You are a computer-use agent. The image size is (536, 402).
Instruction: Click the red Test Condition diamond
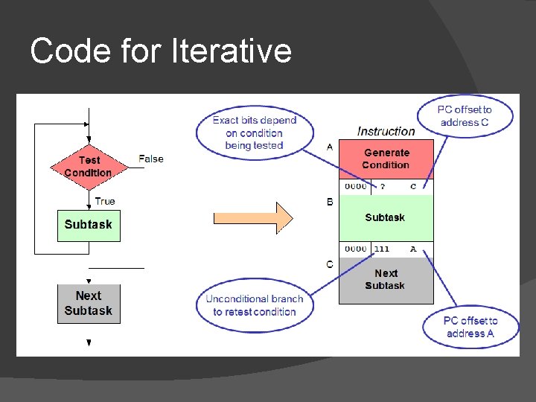88,166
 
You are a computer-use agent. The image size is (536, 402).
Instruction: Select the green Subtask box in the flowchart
88,225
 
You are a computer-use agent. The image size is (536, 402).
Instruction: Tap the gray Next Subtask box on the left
88,303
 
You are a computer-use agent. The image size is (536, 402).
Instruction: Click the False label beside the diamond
150,159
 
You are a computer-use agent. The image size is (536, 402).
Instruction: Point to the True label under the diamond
105,201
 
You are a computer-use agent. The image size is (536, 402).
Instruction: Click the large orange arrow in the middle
253,218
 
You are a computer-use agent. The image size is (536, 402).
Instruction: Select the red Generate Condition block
386,159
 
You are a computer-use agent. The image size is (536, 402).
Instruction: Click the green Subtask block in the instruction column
386,217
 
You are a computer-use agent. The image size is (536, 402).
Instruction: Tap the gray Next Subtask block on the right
386,279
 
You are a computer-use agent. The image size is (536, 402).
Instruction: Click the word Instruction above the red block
386,131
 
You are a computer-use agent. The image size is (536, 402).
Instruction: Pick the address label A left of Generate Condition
330,147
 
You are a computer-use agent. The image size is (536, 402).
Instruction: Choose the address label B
330,202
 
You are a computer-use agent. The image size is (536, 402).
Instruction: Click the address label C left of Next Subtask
330,264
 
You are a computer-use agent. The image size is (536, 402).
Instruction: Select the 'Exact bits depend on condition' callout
254,133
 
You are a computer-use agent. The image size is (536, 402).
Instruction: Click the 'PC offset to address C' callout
465,115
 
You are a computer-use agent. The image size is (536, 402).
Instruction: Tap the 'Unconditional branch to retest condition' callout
255,305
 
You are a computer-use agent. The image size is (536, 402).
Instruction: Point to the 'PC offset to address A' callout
470,327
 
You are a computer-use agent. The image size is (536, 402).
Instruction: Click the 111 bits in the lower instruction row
382,249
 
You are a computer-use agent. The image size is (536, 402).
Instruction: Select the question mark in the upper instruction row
383,187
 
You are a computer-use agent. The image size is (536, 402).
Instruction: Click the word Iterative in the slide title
232,51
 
